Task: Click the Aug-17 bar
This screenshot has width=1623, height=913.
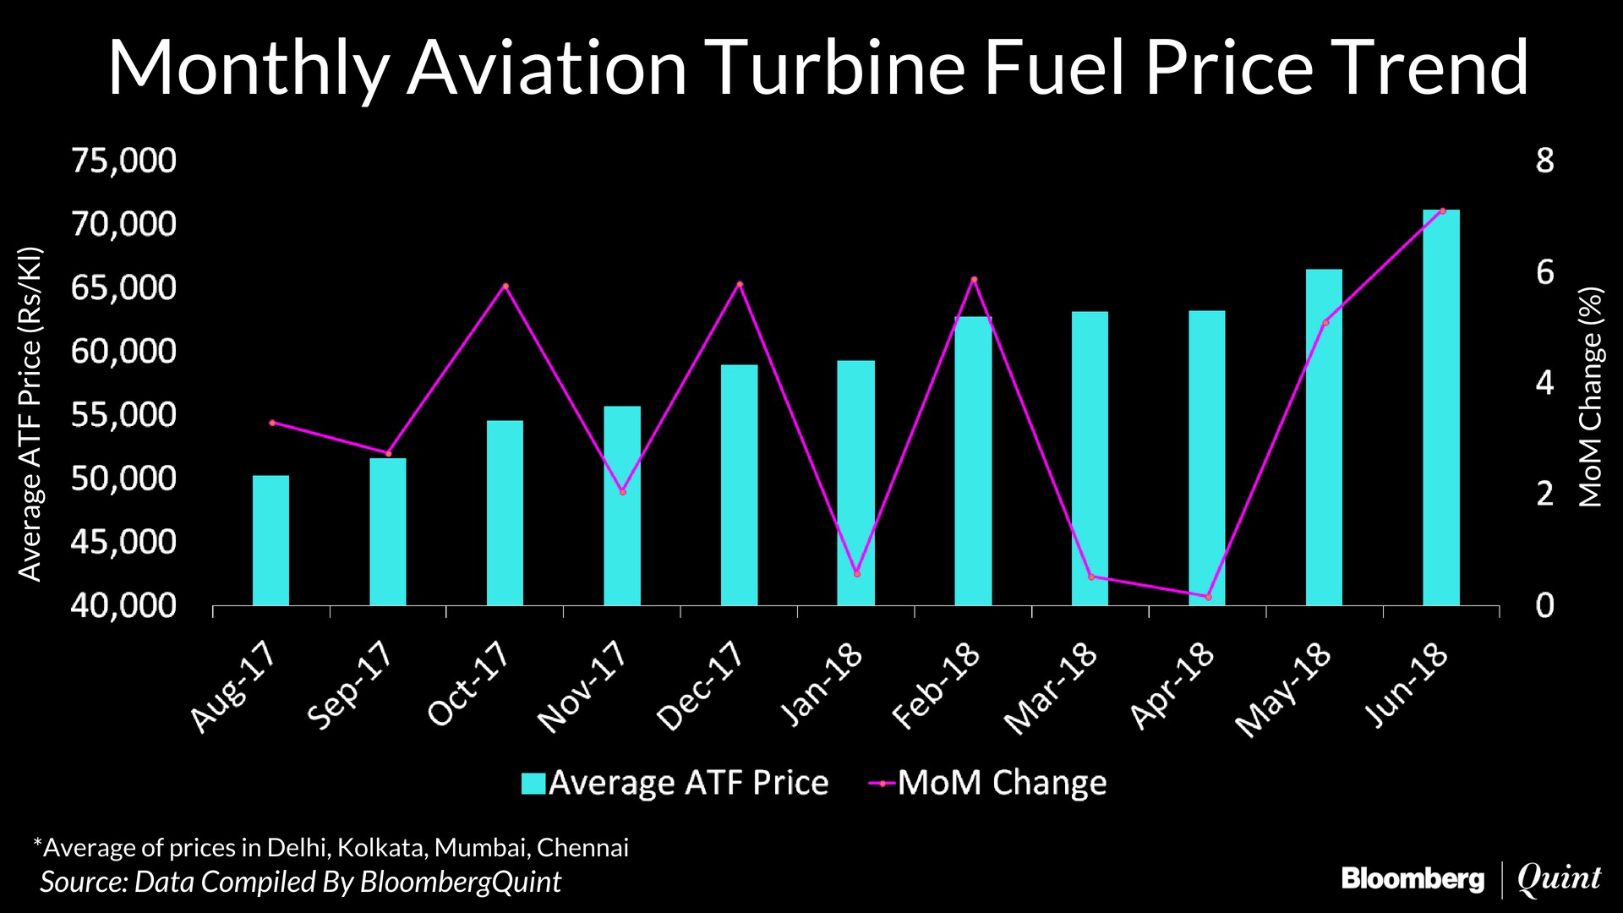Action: pyautogui.click(x=270, y=541)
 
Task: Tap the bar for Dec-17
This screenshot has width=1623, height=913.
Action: pyautogui.click(x=739, y=485)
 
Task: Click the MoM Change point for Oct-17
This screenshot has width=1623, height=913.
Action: pyautogui.click(x=505, y=286)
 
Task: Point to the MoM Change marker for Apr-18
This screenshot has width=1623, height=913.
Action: pyautogui.click(x=1208, y=597)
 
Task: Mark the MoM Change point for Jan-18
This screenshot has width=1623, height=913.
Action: pyautogui.click(x=856, y=574)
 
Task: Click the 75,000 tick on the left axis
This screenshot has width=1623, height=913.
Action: pyautogui.click(x=123, y=161)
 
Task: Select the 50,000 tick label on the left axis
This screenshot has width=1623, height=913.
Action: pyautogui.click(x=123, y=478)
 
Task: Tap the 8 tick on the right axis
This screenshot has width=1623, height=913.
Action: pyautogui.click(x=1544, y=161)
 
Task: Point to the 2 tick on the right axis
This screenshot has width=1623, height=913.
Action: pyautogui.click(x=1544, y=494)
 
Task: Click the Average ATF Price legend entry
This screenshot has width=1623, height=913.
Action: pyautogui.click(x=675, y=783)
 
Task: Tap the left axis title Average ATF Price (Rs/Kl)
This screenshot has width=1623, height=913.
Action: pyautogui.click(x=30, y=414)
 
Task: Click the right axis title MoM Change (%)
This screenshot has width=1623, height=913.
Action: pyautogui.click(x=1591, y=397)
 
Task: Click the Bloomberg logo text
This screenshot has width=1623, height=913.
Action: pyautogui.click(x=1413, y=880)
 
